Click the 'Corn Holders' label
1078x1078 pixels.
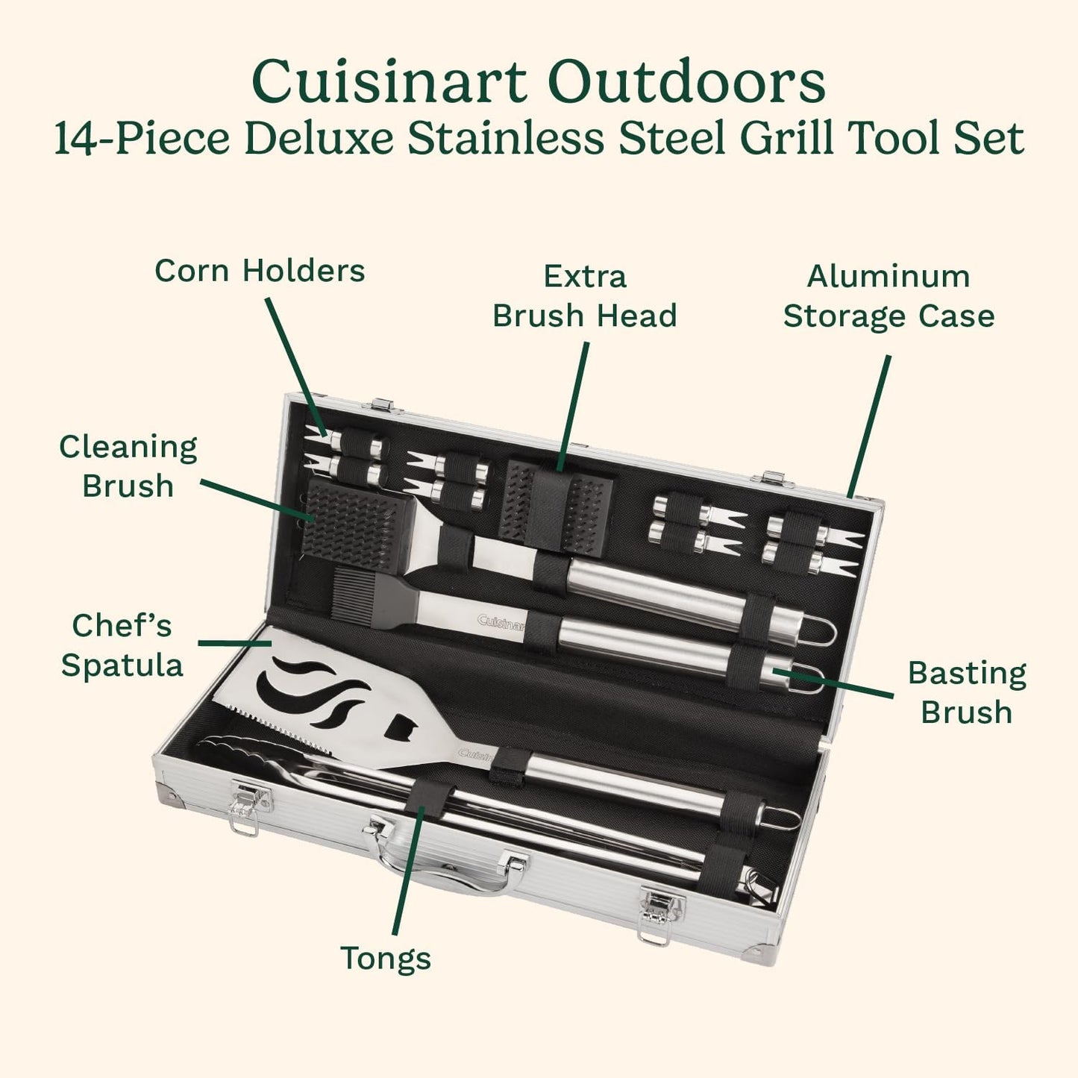pyautogui.click(x=260, y=271)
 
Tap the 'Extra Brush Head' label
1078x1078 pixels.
pyautogui.click(x=584, y=296)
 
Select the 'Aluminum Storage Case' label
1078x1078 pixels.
pyautogui.click(x=888, y=296)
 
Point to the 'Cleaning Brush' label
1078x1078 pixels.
pyautogui.click(x=128, y=466)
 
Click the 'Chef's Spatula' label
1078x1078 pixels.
pyautogui.click(x=122, y=645)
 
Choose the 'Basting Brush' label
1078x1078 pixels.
pyautogui.click(x=966, y=692)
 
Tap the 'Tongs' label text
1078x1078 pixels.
pyautogui.click(x=386, y=958)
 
